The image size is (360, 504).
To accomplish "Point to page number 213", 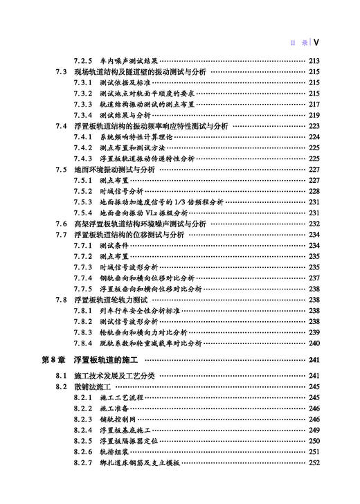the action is tap(314, 61).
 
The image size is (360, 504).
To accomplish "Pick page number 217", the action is tap(314, 104).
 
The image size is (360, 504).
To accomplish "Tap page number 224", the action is tap(314, 137).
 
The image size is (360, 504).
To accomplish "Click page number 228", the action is tap(314, 191).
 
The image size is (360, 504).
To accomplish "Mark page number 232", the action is tap(314, 224).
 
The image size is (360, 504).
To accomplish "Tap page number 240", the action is tap(314, 343).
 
